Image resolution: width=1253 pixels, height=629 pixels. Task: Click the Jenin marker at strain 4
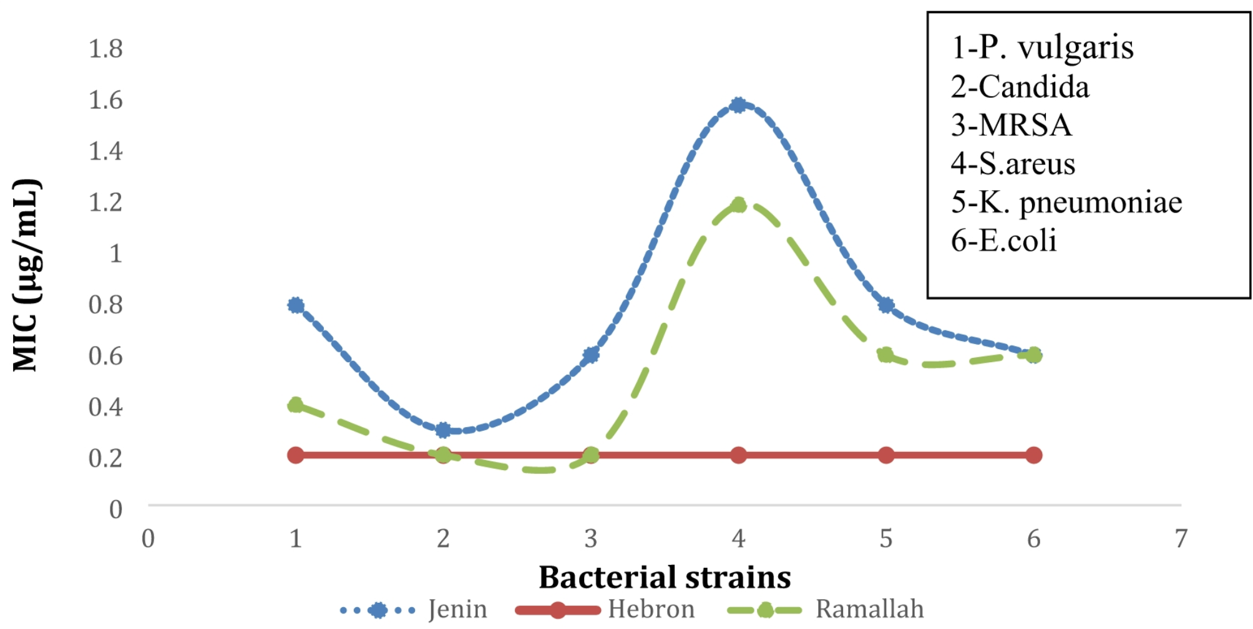click(738, 105)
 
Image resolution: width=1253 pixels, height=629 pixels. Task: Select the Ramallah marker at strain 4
click(738, 205)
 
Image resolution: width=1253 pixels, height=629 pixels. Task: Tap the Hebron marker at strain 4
click(738, 455)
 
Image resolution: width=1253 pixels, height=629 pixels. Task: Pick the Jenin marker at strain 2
click(443, 430)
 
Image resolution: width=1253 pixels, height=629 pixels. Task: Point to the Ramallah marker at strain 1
click(296, 405)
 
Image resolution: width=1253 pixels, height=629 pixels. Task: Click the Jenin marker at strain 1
click(296, 305)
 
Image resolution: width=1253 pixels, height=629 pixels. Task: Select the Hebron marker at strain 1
click(296, 455)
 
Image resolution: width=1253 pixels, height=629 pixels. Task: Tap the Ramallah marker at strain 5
click(885, 355)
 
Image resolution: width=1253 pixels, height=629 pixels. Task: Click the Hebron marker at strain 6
click(1033, 455)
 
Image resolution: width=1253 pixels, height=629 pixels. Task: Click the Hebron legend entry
click(605, 610)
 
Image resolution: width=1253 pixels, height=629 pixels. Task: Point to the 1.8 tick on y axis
click(105, 49)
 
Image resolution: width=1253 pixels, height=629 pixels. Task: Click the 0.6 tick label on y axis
click(105, 355)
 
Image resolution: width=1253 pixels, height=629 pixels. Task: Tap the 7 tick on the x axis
click(1181, 539)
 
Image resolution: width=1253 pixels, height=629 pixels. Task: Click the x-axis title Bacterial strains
click(664, 577)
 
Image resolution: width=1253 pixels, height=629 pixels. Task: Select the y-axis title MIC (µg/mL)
click(26, 276)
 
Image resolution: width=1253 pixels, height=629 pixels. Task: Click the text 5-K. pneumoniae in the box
click(1066, 202)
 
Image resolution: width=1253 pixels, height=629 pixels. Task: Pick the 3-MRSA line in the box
click(1011, 125)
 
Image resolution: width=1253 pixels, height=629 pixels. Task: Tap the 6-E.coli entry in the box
click(1003, 241)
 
